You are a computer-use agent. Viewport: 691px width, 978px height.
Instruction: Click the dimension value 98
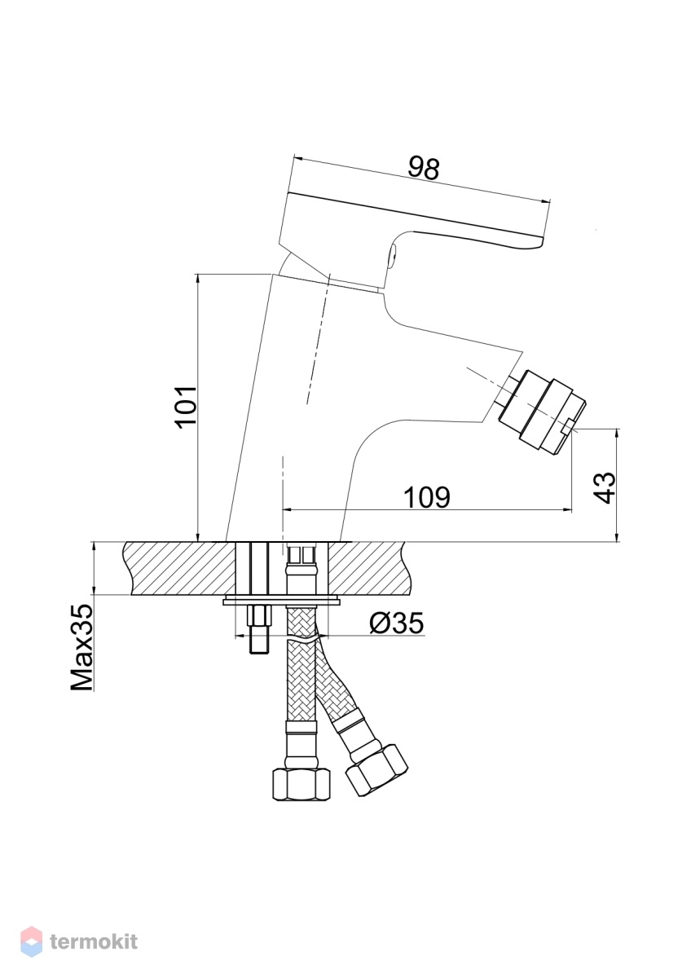point(423,168)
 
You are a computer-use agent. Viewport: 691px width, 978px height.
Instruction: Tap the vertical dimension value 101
point(185,407)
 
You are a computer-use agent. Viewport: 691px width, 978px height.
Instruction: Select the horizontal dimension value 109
point(426,497)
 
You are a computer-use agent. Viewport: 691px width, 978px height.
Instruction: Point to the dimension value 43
point(605,487)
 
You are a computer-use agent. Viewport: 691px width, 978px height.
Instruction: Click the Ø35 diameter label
point(397,623)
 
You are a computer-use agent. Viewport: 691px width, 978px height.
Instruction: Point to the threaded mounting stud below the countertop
point(259,628)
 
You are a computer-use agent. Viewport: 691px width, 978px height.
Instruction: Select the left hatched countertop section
point(180,568)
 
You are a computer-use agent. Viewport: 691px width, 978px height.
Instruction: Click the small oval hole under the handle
point(394,253)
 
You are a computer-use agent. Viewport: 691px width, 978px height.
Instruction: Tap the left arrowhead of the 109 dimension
point(288,509)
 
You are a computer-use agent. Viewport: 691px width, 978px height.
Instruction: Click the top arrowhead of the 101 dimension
point(198,280)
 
